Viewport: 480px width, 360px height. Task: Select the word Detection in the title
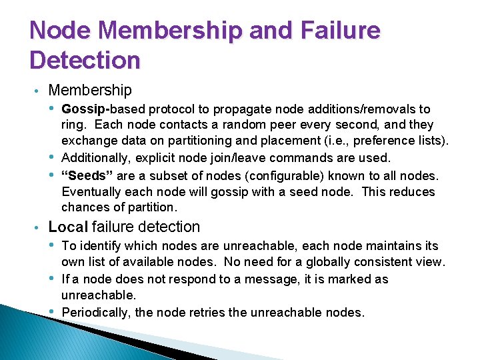click(85, 61)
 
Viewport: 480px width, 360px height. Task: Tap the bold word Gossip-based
click(103, 109)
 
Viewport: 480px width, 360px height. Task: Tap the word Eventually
click(92, 192)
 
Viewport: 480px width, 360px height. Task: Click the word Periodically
click(96, 312)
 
